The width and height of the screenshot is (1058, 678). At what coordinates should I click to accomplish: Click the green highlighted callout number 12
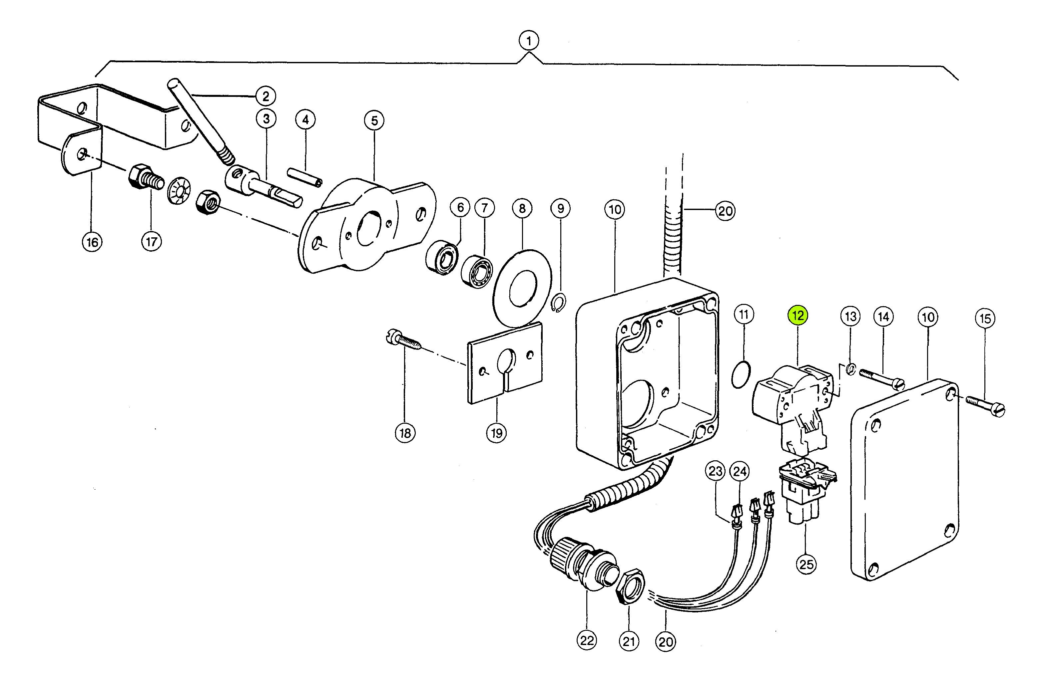[798, 315]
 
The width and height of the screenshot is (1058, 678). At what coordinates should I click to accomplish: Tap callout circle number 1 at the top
[529, 41]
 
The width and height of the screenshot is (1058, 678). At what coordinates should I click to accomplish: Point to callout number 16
[92, 242]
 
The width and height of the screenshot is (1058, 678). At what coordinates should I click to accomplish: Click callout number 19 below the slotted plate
[497, 433]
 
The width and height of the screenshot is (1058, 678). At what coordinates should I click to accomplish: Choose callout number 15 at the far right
[986, 318]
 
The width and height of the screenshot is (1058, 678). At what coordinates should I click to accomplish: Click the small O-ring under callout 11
[741, 375]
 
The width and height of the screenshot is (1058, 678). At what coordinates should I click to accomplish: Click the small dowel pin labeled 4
[305, 177]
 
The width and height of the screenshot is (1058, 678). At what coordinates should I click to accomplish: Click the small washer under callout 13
[851, 368]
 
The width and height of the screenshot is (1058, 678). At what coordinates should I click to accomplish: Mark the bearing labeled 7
[477, 271]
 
